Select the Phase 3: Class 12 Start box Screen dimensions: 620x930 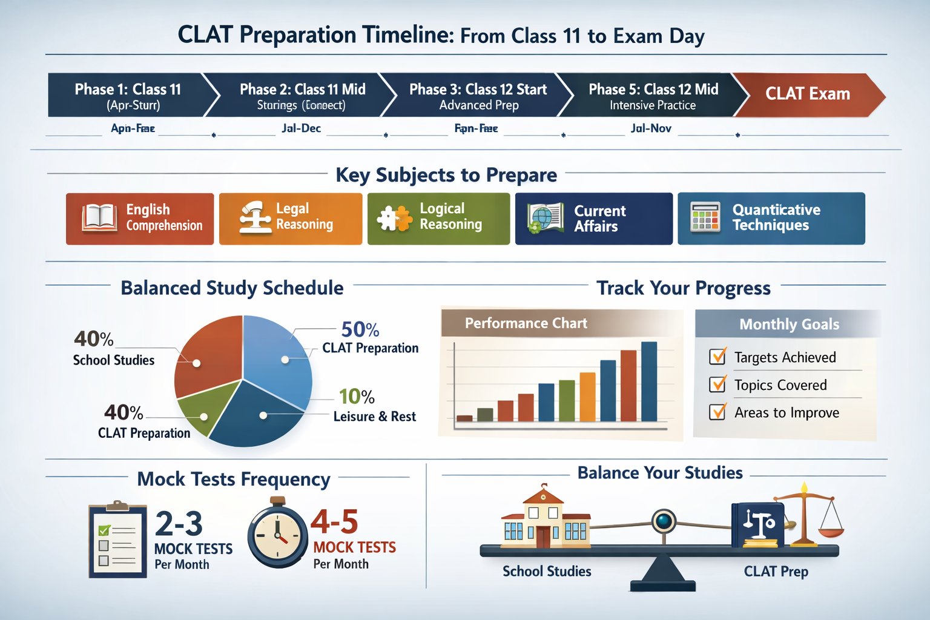[478, 96]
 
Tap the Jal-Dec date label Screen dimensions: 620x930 [301, 128]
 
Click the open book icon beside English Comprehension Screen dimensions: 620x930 [99, 219]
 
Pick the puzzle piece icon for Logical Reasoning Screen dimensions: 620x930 [394, 219]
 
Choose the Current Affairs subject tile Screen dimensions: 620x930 [593, 219]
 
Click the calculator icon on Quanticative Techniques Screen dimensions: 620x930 [705, 217]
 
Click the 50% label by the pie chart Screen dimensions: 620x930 [360, 329]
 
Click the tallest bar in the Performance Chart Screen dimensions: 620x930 [648, 381]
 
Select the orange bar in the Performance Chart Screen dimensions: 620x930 [587, 397]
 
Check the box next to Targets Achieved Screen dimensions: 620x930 [717, 357]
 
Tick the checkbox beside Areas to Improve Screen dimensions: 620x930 [717, 412]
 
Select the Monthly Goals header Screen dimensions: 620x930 [788, 324]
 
